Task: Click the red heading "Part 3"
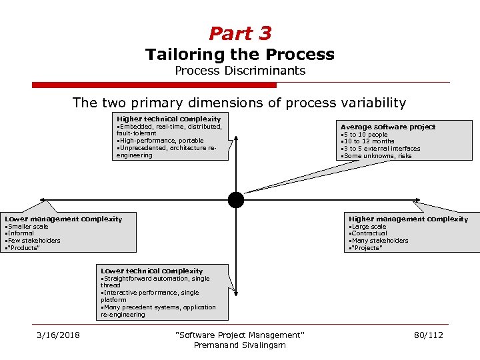(240, 33)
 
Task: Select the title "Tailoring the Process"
(240, 55)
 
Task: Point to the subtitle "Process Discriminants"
(240, 71)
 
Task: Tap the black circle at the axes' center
(236, 199)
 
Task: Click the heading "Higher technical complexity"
(169, 119)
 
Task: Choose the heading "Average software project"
(388, 127)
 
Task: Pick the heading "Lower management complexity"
(64, 219)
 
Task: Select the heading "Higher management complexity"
(408, 219)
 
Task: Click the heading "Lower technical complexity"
(152, 271)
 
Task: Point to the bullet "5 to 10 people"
(365, 135)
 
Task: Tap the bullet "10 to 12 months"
(369, 141)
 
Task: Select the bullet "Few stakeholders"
(34, 241)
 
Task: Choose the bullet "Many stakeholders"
(380, 241)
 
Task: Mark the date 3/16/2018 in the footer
(58, 335)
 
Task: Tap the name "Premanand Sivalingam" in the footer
(239, 345)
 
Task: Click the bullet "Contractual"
(369, 233)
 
